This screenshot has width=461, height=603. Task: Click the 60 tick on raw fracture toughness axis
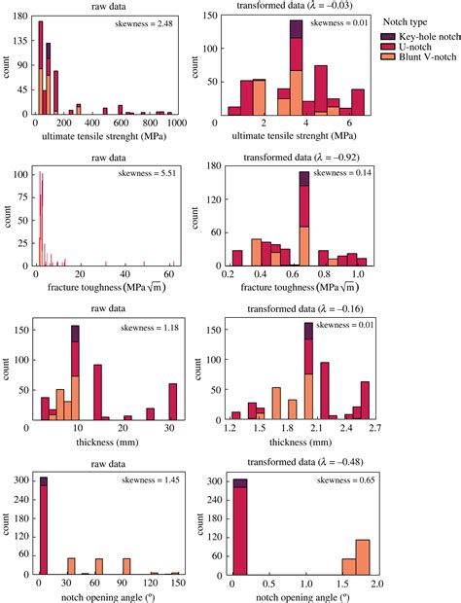(171, 275)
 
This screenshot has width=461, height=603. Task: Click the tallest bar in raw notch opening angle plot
(43, 530)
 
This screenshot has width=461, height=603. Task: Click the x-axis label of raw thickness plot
(105, 439)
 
